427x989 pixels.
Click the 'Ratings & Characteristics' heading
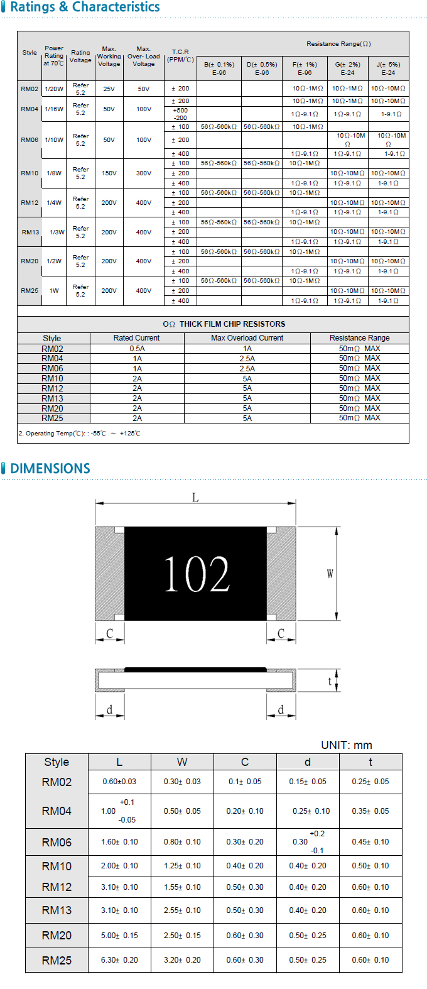85,7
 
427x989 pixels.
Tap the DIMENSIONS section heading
50,469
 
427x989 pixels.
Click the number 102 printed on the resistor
197,574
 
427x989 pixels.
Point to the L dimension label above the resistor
195,498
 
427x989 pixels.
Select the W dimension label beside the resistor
330,574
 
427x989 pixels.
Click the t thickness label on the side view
330,681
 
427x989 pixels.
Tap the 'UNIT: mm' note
347,745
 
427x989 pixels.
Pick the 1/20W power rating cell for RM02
54,89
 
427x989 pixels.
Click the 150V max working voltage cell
109,173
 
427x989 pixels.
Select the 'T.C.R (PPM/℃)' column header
180,56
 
